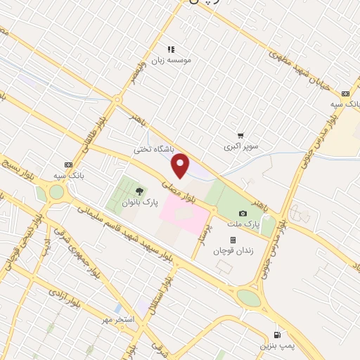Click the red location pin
click(181, 165)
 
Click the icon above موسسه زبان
click(170, 49)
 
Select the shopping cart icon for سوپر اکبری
click(240, 136)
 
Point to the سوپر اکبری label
click(242, 147)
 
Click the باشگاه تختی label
click(153, 150)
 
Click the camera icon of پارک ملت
click(243, 213)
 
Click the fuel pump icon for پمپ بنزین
click(278, 334)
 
